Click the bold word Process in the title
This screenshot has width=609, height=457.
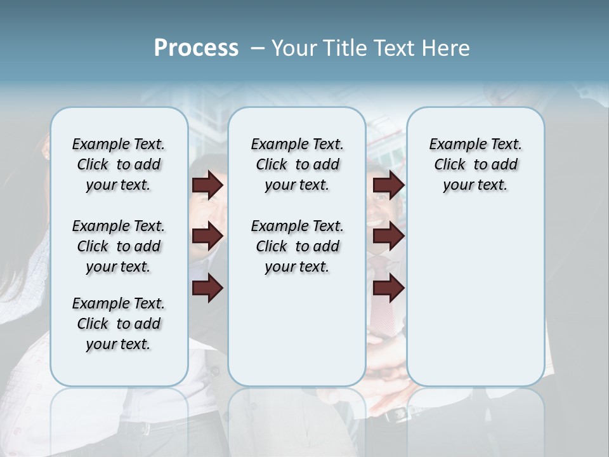click(196, 48)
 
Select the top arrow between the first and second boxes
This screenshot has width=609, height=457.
click(207, 185)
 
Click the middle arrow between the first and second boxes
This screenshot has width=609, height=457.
click(207, 237)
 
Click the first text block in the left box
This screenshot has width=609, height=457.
click(119, 164)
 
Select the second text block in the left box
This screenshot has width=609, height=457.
click(119, 246)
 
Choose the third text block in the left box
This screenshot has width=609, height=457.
click(119, 324)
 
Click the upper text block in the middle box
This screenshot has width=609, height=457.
click(297, 164)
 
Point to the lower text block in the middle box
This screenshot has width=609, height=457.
click(297, 246)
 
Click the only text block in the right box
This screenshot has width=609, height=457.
click(475, 164)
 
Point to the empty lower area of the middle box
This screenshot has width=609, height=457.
click(297, 330)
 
